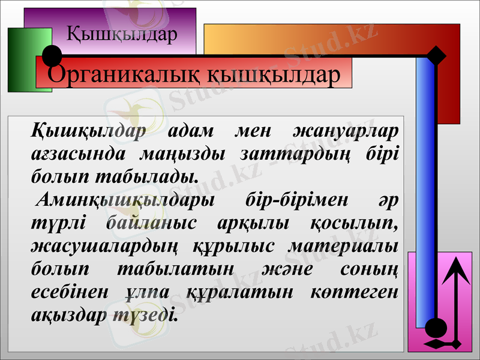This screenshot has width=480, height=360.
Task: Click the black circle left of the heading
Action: [53, 56]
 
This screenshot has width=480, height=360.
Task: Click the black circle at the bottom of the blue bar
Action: [436, 328]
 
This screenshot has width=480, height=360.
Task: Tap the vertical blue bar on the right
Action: [425, 192]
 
